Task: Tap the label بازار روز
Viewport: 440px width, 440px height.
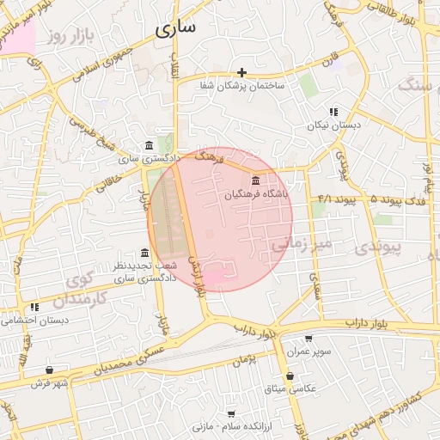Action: coord(70,35)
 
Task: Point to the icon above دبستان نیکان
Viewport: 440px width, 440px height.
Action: coord(333,112)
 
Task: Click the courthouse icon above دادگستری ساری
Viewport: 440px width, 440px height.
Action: coord(150,144)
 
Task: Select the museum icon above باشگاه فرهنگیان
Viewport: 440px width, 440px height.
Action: coord(257,180)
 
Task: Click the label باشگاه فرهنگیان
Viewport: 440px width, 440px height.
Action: coord(258,195)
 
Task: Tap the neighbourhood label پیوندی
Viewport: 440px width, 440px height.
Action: coord(376,247)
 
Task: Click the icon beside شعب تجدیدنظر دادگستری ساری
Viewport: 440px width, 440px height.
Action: coord(145,254)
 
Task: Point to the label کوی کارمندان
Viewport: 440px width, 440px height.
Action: coord(77,290)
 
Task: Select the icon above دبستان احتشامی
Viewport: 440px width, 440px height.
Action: coord(34,307)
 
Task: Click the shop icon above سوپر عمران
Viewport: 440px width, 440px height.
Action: coord(309,339)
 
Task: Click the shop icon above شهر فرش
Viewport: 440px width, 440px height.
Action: coord(50,370)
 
